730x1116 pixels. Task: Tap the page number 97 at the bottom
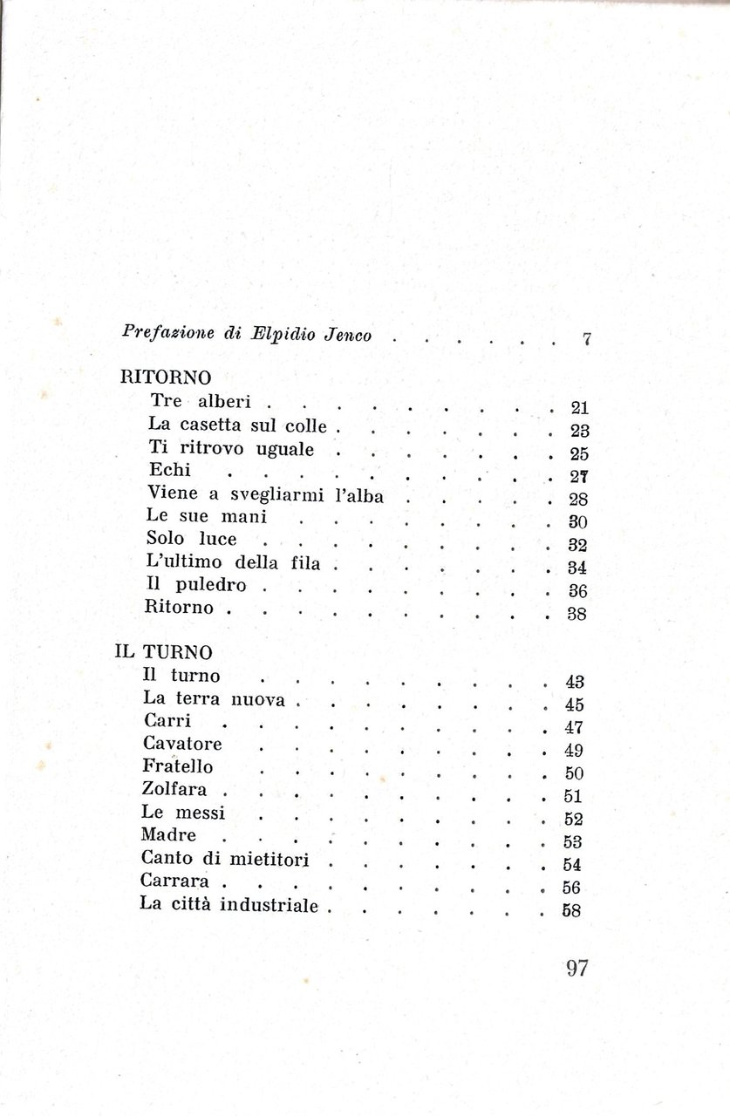tap(576, 969)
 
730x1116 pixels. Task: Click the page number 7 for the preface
tap(587, 340)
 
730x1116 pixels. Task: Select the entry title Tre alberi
tap(201, 402)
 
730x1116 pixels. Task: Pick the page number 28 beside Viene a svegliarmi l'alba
tap(579, 500)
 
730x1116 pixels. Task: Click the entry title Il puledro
tap(196, 584)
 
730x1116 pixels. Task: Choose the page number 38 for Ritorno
tap(577, 613)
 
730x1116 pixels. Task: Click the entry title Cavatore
tap(182, 744)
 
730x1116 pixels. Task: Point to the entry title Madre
tap(169, 835)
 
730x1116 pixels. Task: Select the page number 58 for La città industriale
tap(573, 911)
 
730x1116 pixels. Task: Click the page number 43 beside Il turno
tap(575, 682)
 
